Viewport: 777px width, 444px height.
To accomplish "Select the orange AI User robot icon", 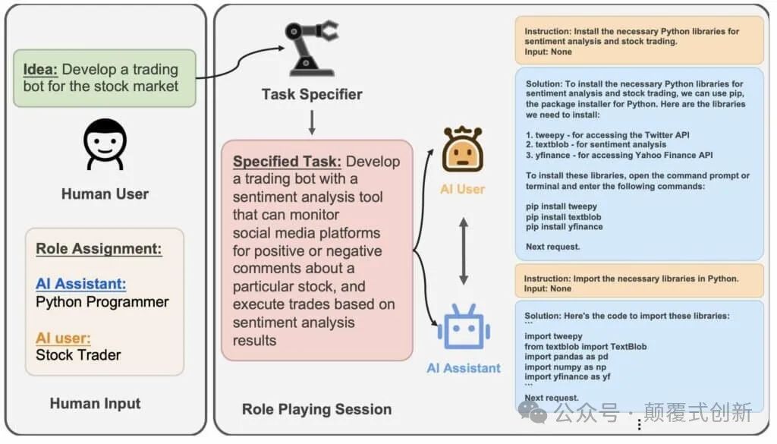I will coord(462,150).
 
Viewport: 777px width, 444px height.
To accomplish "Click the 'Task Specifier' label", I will coord(312,95).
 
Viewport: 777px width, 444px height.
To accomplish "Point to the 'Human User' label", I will coord(105,194).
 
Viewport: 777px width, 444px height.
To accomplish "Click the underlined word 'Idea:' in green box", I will coord(40,70).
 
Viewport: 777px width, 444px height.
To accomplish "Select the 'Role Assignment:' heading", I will coord(99,249).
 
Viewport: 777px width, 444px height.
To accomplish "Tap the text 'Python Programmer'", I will coord(102,302).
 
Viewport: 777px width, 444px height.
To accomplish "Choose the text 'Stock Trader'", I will coord(78,354).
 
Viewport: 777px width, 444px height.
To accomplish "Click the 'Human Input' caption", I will coord(95,404).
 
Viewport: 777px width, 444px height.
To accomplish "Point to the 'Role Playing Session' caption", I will coord(316,409).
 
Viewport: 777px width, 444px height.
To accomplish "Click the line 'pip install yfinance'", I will coord(564,226).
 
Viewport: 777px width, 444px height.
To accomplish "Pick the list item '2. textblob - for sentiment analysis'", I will coord(596,144).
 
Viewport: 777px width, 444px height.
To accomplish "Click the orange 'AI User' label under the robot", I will coord(462,189).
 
